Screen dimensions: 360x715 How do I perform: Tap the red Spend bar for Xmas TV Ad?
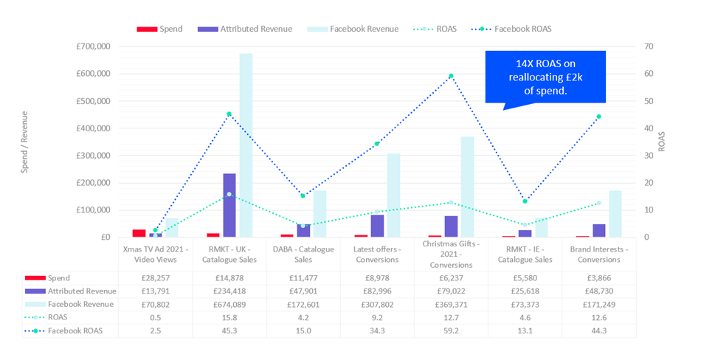click(139, 233)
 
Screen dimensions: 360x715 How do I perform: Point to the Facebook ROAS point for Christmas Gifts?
click(451, 76)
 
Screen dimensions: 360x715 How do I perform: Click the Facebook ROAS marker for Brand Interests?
click(598, 117)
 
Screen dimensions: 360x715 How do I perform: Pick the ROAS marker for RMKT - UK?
click(229, 194)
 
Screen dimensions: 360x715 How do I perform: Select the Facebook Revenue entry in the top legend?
click(363, 29)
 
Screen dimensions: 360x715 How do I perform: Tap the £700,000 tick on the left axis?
click(93, 46)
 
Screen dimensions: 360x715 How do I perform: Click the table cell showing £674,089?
click(229, 304)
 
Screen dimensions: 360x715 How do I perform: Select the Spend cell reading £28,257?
click(156, 278)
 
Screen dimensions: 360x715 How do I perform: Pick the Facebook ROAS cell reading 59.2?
click(451, 331)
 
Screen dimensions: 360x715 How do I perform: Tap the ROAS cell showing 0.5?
click(156, 318)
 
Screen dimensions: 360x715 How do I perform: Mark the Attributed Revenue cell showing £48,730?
click(598, 291)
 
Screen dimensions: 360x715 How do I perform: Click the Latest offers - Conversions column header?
click(377, 254)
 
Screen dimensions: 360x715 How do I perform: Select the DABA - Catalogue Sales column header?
click(303, 254)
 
